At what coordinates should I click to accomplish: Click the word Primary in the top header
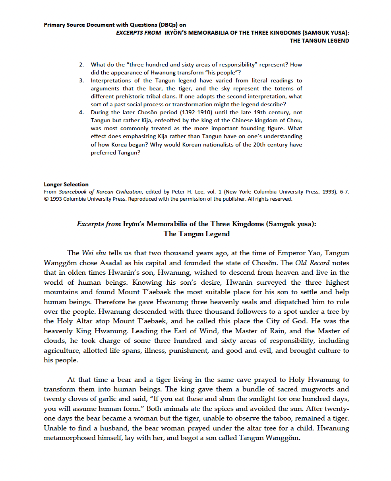pyautogui.click(x=54, y=25)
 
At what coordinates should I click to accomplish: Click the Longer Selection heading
pyautogui.click(x=66, y=184)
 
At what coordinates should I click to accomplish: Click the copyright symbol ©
pyautogui.click(x=46, y=199)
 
